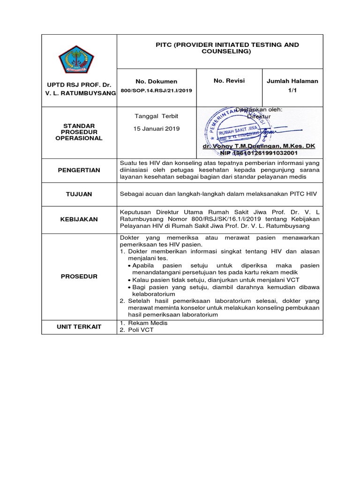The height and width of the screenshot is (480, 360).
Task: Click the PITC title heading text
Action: (x=227, y=48)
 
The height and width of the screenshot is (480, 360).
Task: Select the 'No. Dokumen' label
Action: (x=156, y=82)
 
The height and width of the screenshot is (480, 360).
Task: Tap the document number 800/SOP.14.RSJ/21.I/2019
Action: (x=156, y=90)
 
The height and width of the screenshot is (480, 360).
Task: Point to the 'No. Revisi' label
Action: (x=229, y=81)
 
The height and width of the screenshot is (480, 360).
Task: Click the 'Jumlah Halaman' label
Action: (x=292, y=81)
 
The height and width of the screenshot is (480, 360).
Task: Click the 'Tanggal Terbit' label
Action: (x=156, y=116)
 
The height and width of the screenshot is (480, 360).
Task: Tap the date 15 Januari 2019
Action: (x=156, y=128)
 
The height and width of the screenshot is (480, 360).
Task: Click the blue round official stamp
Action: (x=230, y=126)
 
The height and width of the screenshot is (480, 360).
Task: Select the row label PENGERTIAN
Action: (x=79, y=170)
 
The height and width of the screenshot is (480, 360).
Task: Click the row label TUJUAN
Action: (x=79, y=194)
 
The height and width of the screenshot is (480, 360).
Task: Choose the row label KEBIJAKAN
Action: (x=79, y=219)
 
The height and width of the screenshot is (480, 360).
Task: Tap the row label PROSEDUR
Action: (x=79, y=277)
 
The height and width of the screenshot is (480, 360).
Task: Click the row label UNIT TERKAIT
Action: (x=79, y=326)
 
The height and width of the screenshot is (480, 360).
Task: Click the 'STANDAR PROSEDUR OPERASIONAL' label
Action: (x=79, y=132)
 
